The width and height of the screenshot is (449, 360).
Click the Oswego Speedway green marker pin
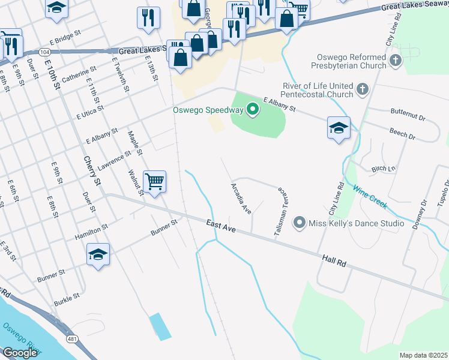tap(253, 110)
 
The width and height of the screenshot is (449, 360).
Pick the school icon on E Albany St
tap(339, 127)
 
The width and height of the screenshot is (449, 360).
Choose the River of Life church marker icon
tap(362, 90)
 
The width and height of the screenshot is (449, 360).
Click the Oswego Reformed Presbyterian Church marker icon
tap(395, 60)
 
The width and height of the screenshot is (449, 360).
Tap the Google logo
tap(20, 353)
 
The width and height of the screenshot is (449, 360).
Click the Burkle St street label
tap(67, 297)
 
